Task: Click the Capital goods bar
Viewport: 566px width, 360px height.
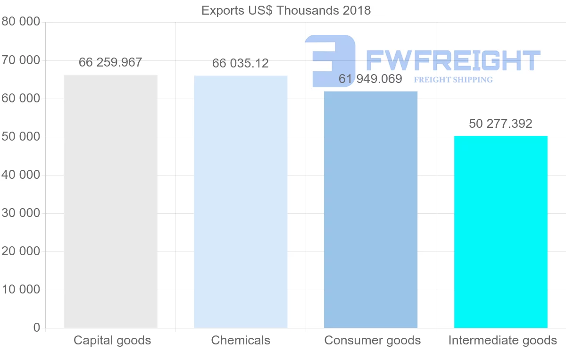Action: (110, 201)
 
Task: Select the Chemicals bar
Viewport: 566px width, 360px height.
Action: (241, 202)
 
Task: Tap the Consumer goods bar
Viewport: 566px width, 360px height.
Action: (371, 209)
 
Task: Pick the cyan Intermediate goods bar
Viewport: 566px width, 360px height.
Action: (500, 232)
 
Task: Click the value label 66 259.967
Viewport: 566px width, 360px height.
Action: (110, 62)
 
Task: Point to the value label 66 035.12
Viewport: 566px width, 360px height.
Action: (241, 63)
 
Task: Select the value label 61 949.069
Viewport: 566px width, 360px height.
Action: (370, 79)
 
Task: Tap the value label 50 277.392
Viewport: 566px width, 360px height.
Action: (500, 124)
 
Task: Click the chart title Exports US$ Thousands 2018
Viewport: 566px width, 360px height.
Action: (286, 10)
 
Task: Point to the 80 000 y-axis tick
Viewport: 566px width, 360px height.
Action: (21, 22)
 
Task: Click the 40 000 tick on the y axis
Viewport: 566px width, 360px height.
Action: (21, 175)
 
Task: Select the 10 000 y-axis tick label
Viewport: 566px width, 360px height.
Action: (21, 290)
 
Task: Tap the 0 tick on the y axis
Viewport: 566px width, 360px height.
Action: (37, 328)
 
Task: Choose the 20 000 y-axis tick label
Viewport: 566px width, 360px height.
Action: (21, 251)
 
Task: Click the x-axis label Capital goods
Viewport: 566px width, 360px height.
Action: (112, 340)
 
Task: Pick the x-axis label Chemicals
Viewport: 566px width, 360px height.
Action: (241, 340)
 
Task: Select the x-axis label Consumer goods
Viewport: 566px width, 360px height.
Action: (372, 340)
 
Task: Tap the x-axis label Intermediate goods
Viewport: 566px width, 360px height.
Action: (502, 340)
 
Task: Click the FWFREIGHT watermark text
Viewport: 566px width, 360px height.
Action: (453, 60)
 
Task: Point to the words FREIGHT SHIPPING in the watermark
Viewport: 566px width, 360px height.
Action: (453, 80)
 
